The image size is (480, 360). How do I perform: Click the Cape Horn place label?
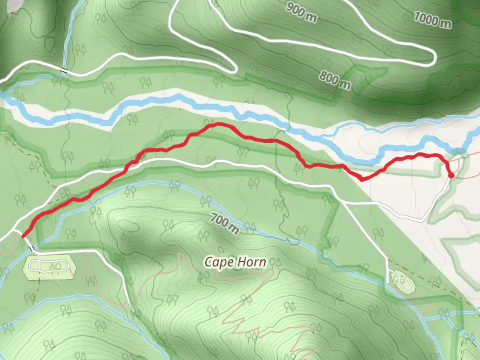(235, 262)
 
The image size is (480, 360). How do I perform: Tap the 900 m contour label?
(301, 13)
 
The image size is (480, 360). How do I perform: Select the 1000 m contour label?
(432, 20)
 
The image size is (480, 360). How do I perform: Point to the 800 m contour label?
(335, 80)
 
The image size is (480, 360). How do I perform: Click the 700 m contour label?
(225, 224)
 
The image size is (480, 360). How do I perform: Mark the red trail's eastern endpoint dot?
(451, 176)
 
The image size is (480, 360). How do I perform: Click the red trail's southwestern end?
(23, 236)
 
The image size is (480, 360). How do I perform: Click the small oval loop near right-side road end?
(402, 281)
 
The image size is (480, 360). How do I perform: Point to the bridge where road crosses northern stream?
(64, 70)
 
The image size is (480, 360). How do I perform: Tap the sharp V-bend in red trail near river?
(362, 180)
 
